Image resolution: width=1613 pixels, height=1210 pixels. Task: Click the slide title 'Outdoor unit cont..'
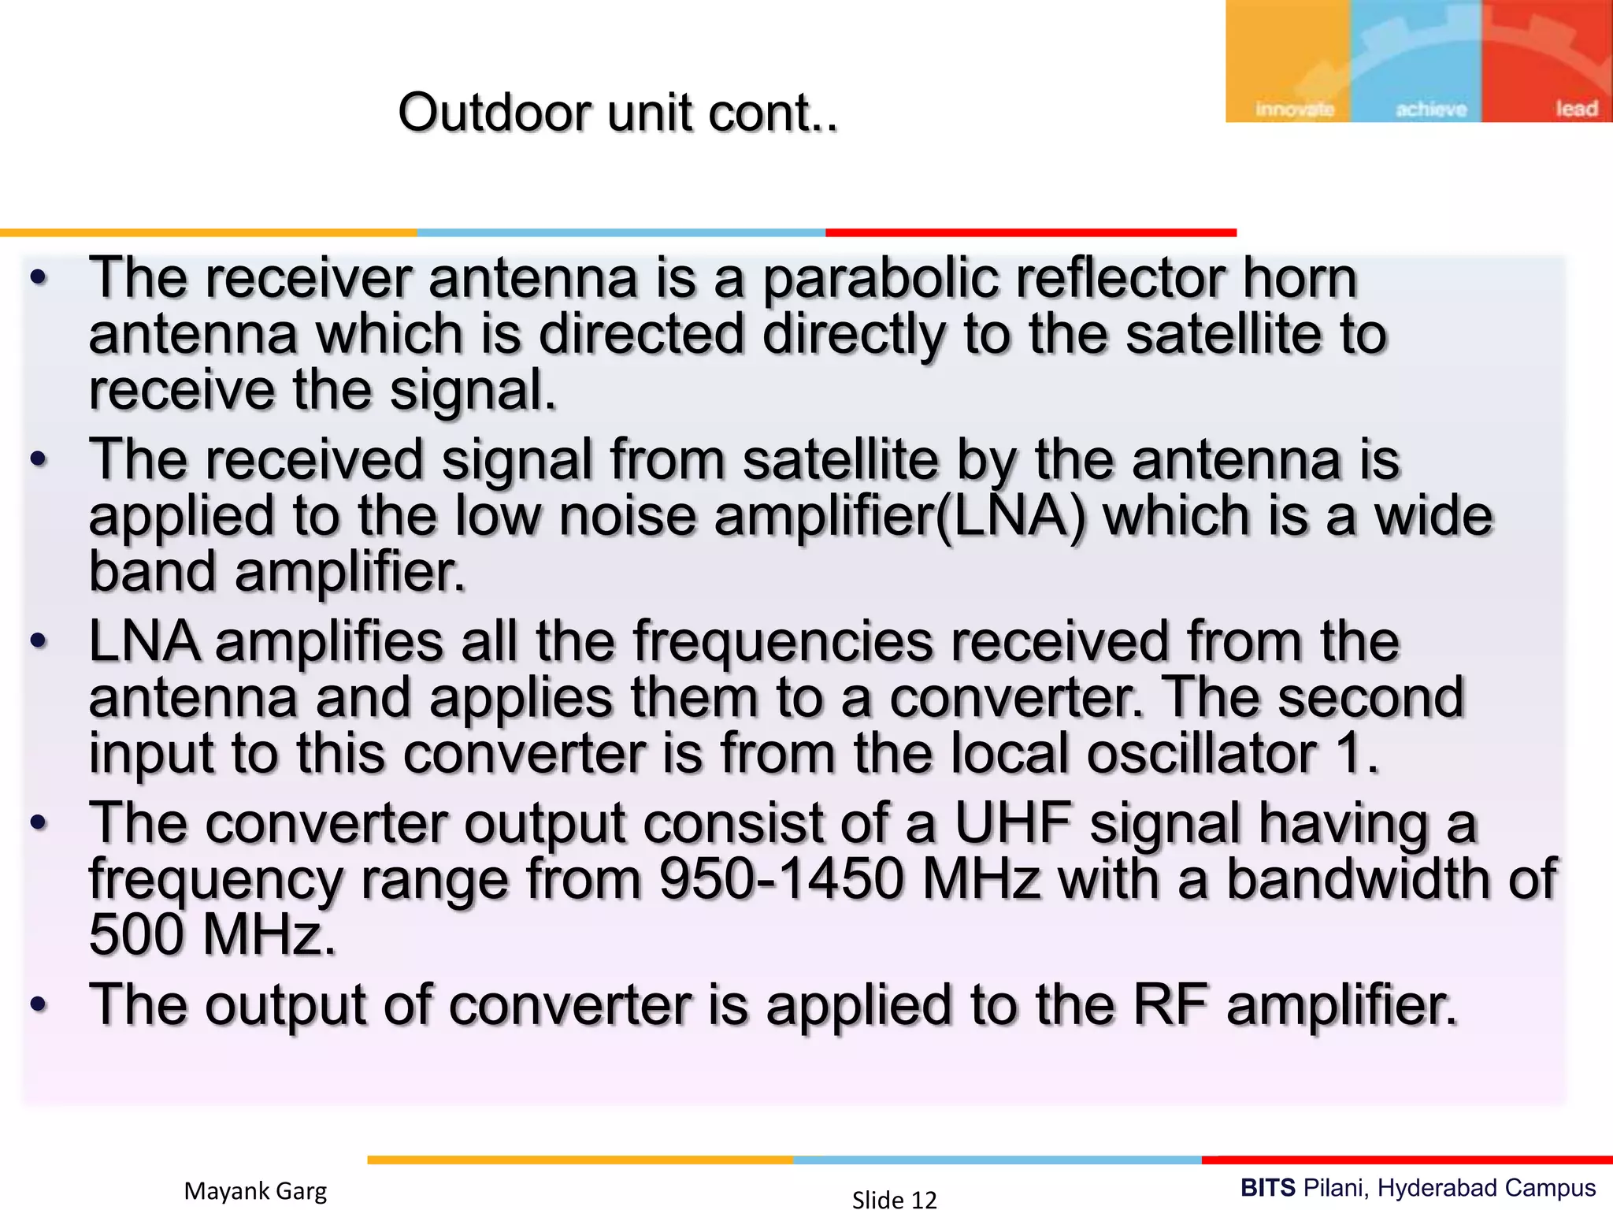pyautogui.click(x=618, y=113)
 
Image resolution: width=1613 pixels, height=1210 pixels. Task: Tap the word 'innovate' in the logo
pyautogui.click(x=1295, y=109)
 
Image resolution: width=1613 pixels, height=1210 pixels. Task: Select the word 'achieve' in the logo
pyautogui.click(x=1431, y=109)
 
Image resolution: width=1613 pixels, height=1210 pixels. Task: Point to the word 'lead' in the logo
pyautogui.click(x=1576, y=108)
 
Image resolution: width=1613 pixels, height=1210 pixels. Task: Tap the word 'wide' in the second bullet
pyautogui.click(x=1433, y=517)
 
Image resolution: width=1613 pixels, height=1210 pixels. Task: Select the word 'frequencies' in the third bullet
pyautogui.click(x=783, y=642)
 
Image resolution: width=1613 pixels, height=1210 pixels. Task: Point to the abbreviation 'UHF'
pyautogui.click(x=1014, y=823)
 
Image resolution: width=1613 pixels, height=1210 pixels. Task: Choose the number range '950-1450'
pyautogui.click(x=781, y=879)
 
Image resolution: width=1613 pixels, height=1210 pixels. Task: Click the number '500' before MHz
pyautogui.click(x=136, y=935)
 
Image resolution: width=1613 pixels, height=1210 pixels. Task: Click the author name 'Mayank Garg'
pyautogui.click(x=255, y=1190)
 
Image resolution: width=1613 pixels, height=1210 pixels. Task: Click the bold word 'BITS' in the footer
pyautogui.click(x=1268, y=1187)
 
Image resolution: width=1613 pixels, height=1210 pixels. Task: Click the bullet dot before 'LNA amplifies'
pyautogui.click(x=39, y=641)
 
